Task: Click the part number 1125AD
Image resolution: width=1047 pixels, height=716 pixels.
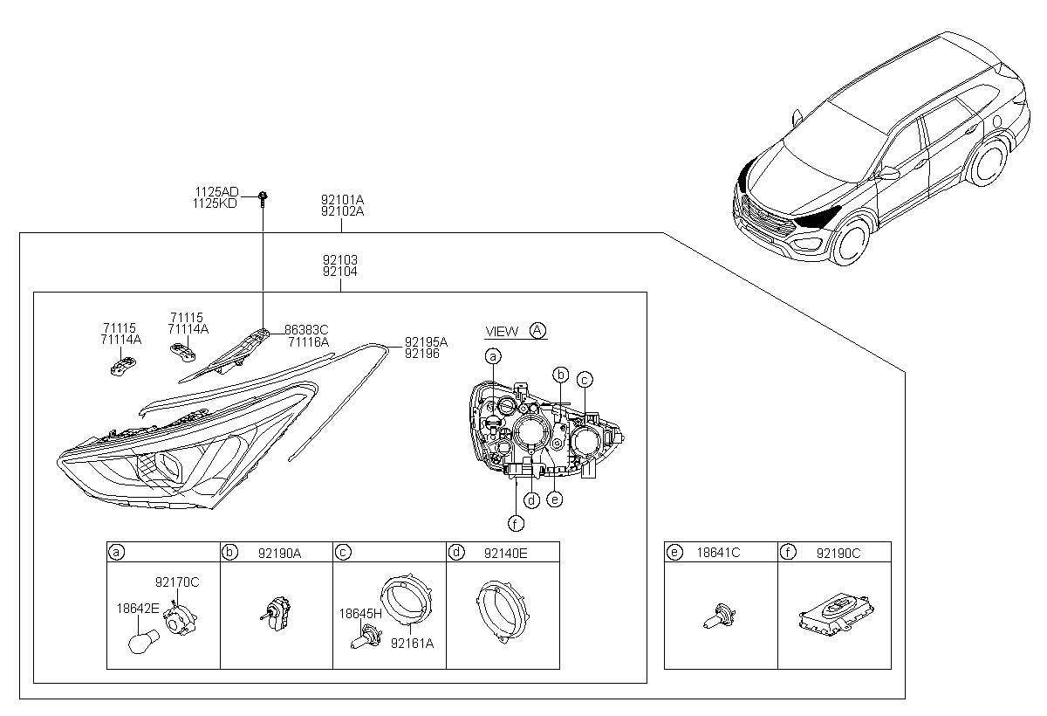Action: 216,192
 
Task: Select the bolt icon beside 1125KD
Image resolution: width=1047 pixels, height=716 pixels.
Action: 263,200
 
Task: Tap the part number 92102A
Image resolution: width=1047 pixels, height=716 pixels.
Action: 342,211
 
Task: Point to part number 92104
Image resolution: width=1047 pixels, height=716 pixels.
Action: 339,272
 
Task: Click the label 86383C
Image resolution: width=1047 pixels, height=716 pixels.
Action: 306,330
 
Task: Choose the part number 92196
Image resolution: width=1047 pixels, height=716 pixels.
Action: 422,354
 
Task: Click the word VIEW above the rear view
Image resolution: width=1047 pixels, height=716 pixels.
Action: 502,332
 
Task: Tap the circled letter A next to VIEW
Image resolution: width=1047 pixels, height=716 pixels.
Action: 537,330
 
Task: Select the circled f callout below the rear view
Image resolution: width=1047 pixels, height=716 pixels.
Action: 516,524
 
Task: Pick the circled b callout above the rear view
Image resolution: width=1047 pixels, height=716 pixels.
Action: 561,375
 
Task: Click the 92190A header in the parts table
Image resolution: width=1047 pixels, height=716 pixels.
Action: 279,554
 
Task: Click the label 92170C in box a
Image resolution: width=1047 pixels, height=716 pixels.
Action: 177,582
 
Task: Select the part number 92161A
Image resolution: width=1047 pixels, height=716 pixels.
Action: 412,644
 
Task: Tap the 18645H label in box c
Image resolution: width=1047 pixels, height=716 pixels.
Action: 360,614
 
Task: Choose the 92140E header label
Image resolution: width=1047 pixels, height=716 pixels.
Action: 506,554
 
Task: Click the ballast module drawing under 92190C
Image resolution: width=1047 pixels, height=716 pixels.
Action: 836,615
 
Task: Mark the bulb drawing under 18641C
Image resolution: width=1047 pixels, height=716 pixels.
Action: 719,616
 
